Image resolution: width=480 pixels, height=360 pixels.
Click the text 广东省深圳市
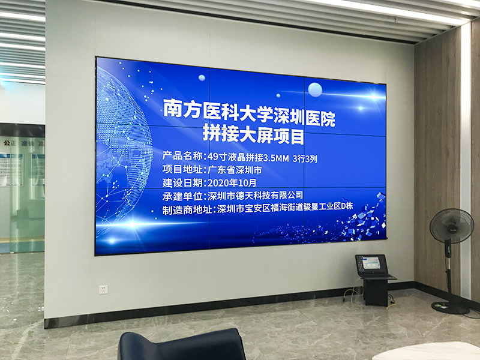233,170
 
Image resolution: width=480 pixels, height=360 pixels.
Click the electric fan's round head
451,226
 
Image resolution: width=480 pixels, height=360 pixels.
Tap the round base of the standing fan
450,307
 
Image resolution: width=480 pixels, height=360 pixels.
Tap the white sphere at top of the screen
314,89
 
